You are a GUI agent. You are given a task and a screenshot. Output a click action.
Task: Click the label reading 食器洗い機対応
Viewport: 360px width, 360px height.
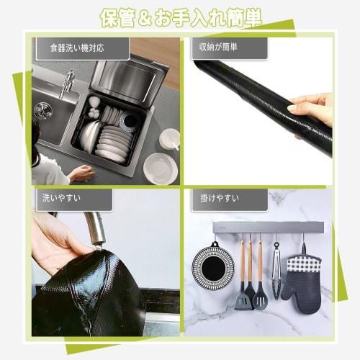coord(77,48)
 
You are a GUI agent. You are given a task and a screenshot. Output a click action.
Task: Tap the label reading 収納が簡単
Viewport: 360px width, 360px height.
coord(218,47)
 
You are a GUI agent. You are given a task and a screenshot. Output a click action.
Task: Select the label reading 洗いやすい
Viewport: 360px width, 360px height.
coord(61,198)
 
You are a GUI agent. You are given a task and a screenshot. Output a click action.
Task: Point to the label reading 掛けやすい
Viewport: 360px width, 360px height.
coord(220,198)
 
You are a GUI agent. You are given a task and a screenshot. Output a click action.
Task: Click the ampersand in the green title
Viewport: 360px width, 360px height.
coord(144,19)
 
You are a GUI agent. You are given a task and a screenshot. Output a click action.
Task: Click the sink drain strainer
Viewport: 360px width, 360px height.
coord(43,111)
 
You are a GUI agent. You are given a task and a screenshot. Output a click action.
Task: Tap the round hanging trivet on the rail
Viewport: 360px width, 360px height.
coord(213,265)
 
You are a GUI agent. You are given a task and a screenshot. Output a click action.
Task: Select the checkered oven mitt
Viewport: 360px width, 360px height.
coord(302,279)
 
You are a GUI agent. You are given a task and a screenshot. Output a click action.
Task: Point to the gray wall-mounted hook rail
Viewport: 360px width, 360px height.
coord(269,228)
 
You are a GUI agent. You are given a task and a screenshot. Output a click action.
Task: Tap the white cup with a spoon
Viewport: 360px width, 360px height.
coord(170,139)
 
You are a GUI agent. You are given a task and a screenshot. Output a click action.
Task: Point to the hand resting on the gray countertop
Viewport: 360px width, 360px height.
coord(81,172)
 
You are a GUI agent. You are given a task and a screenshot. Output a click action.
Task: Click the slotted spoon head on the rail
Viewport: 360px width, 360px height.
coord(261,298)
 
